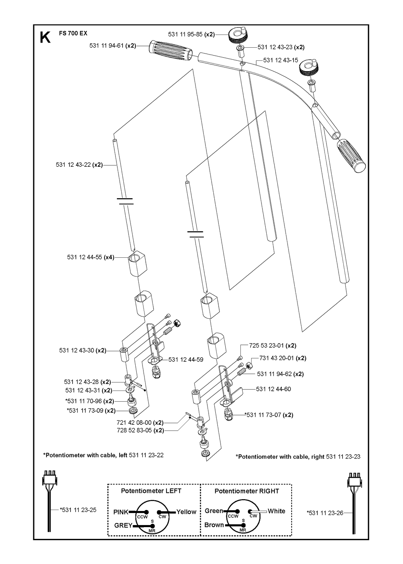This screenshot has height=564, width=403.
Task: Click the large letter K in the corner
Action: pyautogui.click(x=45, y=38)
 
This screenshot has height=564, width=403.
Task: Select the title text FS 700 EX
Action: pyautogui.click(x=73, y=33)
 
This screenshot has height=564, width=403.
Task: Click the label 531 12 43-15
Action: pyautogui.click(x=280, y=60)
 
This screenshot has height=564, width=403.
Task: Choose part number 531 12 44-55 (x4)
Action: pyautogui.click(x=90, y=257)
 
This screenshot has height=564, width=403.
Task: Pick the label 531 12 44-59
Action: pyautogui.click(x=186, y=360)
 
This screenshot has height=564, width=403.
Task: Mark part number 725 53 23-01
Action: pyautogui.click(x=266, y=346)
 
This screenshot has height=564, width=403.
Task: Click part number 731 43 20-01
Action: pyautogui.click(x=276, y=358)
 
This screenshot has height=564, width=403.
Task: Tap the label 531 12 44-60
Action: pyautogui.click(x=273, y=389)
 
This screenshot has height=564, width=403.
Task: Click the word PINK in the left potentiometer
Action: pyautogui.click(x=121, y=512)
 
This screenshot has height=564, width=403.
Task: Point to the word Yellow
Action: pyautogui.click(x=186, y=512)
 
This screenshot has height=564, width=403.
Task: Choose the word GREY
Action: pyautogui.click(x=123, y=525)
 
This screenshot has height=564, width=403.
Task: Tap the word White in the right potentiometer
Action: pyautogui.click(x=276, y=511)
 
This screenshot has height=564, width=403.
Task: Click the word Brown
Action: pyautogui.click(x=214, y=525)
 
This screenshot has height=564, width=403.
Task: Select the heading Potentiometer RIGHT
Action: pyautogui.click(x=247, y=491)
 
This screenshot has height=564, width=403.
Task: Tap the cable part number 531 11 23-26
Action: pyautogui.click(x=325, y=513)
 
